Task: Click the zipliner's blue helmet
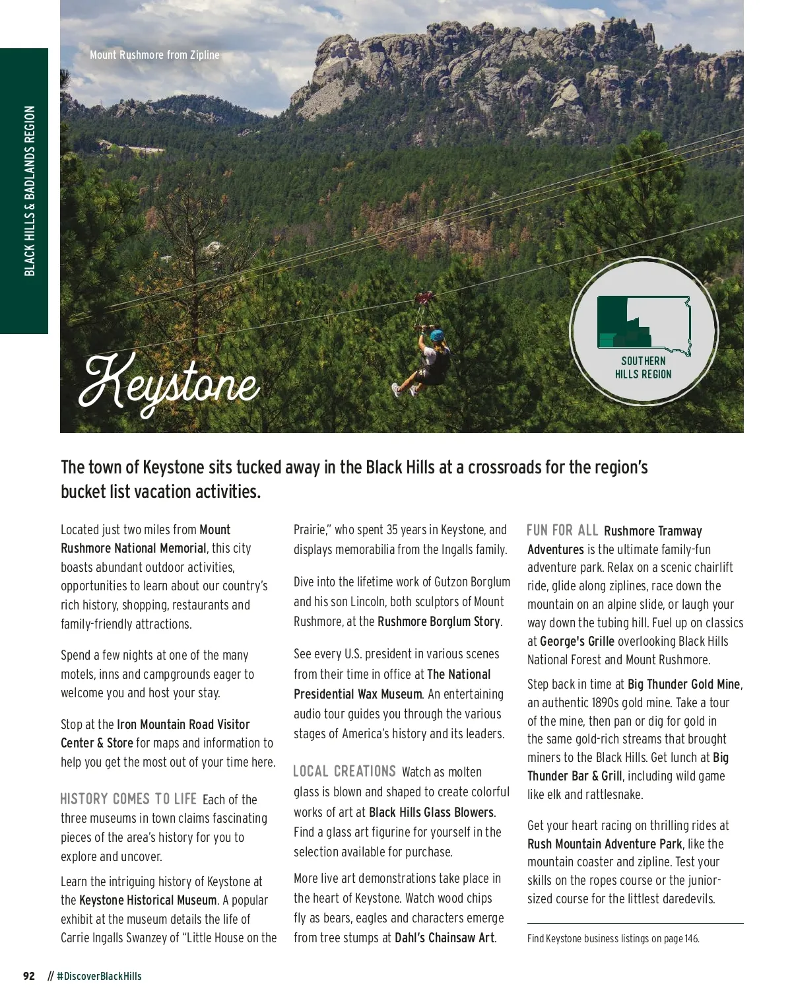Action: click(437, 335)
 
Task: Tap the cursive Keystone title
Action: click(169, 382)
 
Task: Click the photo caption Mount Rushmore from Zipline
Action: click(154, 55)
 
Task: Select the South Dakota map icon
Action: click(643, 323)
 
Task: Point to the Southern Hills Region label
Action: click(643, 368)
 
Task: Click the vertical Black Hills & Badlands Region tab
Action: click(30, 191)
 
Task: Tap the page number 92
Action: click(29, 976)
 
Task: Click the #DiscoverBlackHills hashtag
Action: click(99, 976)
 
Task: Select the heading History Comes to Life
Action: click(128, 799)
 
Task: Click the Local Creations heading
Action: click(344, 771)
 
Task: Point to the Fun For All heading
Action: click(562, 530)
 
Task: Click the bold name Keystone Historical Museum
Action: click(148, 900)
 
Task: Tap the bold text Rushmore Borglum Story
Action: click(439, 621)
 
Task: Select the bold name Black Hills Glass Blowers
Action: click(431, 812)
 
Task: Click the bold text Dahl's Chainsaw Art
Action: click(444, 938)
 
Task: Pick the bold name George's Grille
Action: click(577, 641)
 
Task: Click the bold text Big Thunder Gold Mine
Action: click(684, 684)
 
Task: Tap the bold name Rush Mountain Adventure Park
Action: click(605, 844)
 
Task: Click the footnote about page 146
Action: click(613, 938)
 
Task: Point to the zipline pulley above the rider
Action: click(424, 299)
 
